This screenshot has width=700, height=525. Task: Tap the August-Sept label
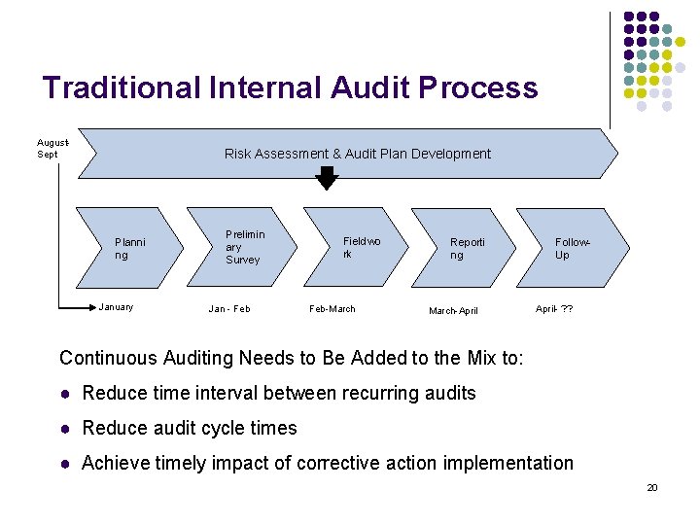pos(49,148)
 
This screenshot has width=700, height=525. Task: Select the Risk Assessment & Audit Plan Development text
pos(357,154)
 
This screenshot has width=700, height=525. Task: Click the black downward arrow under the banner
pos(327,177)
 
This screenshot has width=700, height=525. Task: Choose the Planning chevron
pos(131,248)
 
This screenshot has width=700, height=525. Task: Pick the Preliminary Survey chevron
pos(242,247)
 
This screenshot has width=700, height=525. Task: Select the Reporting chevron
pos(466,248)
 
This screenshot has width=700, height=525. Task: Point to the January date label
pos(117,307)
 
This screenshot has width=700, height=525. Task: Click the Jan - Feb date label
pos(229,309)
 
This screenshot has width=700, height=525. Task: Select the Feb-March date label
pos(332,309)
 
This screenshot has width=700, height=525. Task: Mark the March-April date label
pos(454,311)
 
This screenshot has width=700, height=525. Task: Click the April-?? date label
pos(554,308)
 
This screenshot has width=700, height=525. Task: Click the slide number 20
pos(652,487)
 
